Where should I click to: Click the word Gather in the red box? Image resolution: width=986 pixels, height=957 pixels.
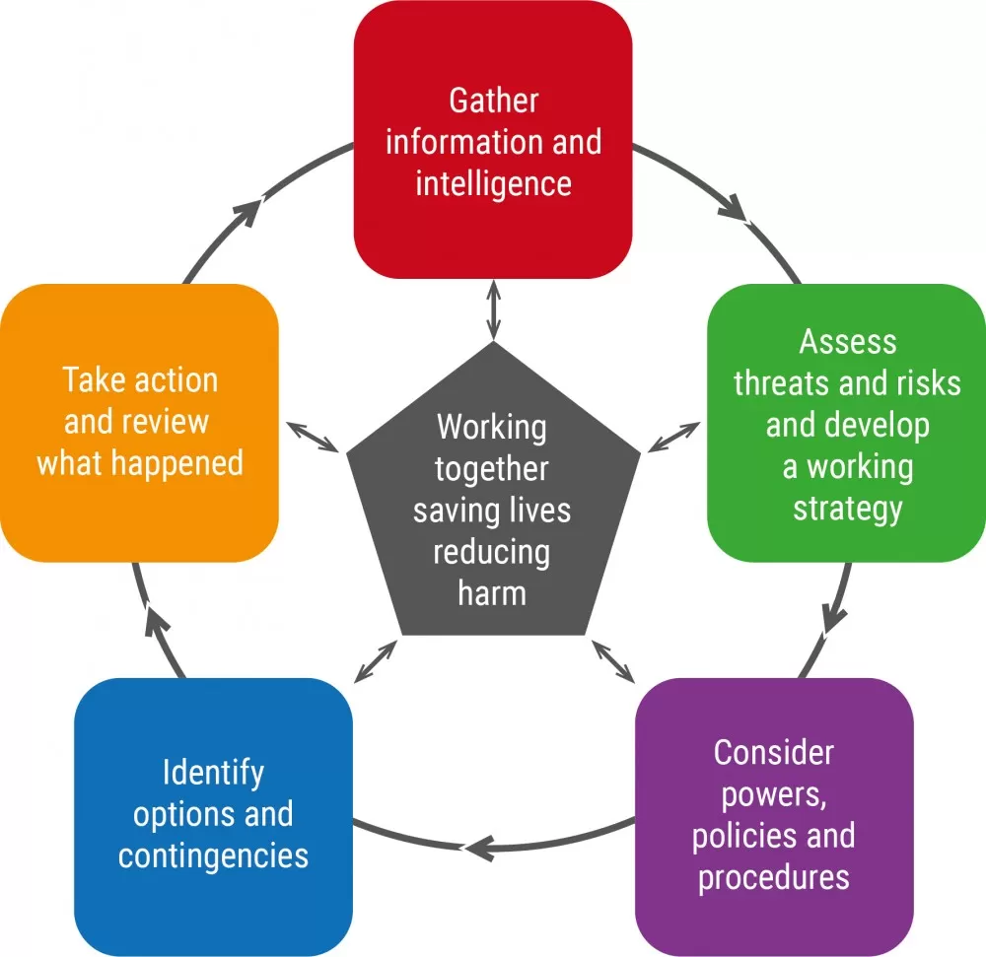coord(494,101)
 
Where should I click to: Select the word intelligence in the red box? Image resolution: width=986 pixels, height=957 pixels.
coord(494,184)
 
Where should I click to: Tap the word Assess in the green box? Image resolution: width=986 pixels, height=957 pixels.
coord(848,342)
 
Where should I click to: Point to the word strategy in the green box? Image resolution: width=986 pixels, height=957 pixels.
coord(848,509)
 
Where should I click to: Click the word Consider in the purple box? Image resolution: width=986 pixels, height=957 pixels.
coord(773,753)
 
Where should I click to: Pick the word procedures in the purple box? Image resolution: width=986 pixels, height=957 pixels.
coord(773,878)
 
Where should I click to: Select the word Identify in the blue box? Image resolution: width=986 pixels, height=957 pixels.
coord(213,773)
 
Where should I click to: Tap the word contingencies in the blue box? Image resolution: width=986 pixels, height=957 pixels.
coord(213,855)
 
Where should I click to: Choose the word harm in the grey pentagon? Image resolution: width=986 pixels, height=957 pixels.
coord(492,593)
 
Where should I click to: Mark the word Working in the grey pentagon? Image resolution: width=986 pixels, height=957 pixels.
coord(492,429)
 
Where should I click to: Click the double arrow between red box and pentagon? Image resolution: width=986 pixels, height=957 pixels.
coord(494,310)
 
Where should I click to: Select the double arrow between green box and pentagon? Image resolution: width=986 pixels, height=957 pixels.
coord(673,437)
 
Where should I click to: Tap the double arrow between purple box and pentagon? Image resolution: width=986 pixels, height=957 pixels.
coord(613,661)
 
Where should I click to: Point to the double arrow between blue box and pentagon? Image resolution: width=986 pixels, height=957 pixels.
coord(376,661)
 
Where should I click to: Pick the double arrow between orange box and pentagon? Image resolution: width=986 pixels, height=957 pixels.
coord(314,437)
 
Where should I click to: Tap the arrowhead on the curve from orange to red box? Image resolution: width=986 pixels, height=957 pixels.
coord(247,212)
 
